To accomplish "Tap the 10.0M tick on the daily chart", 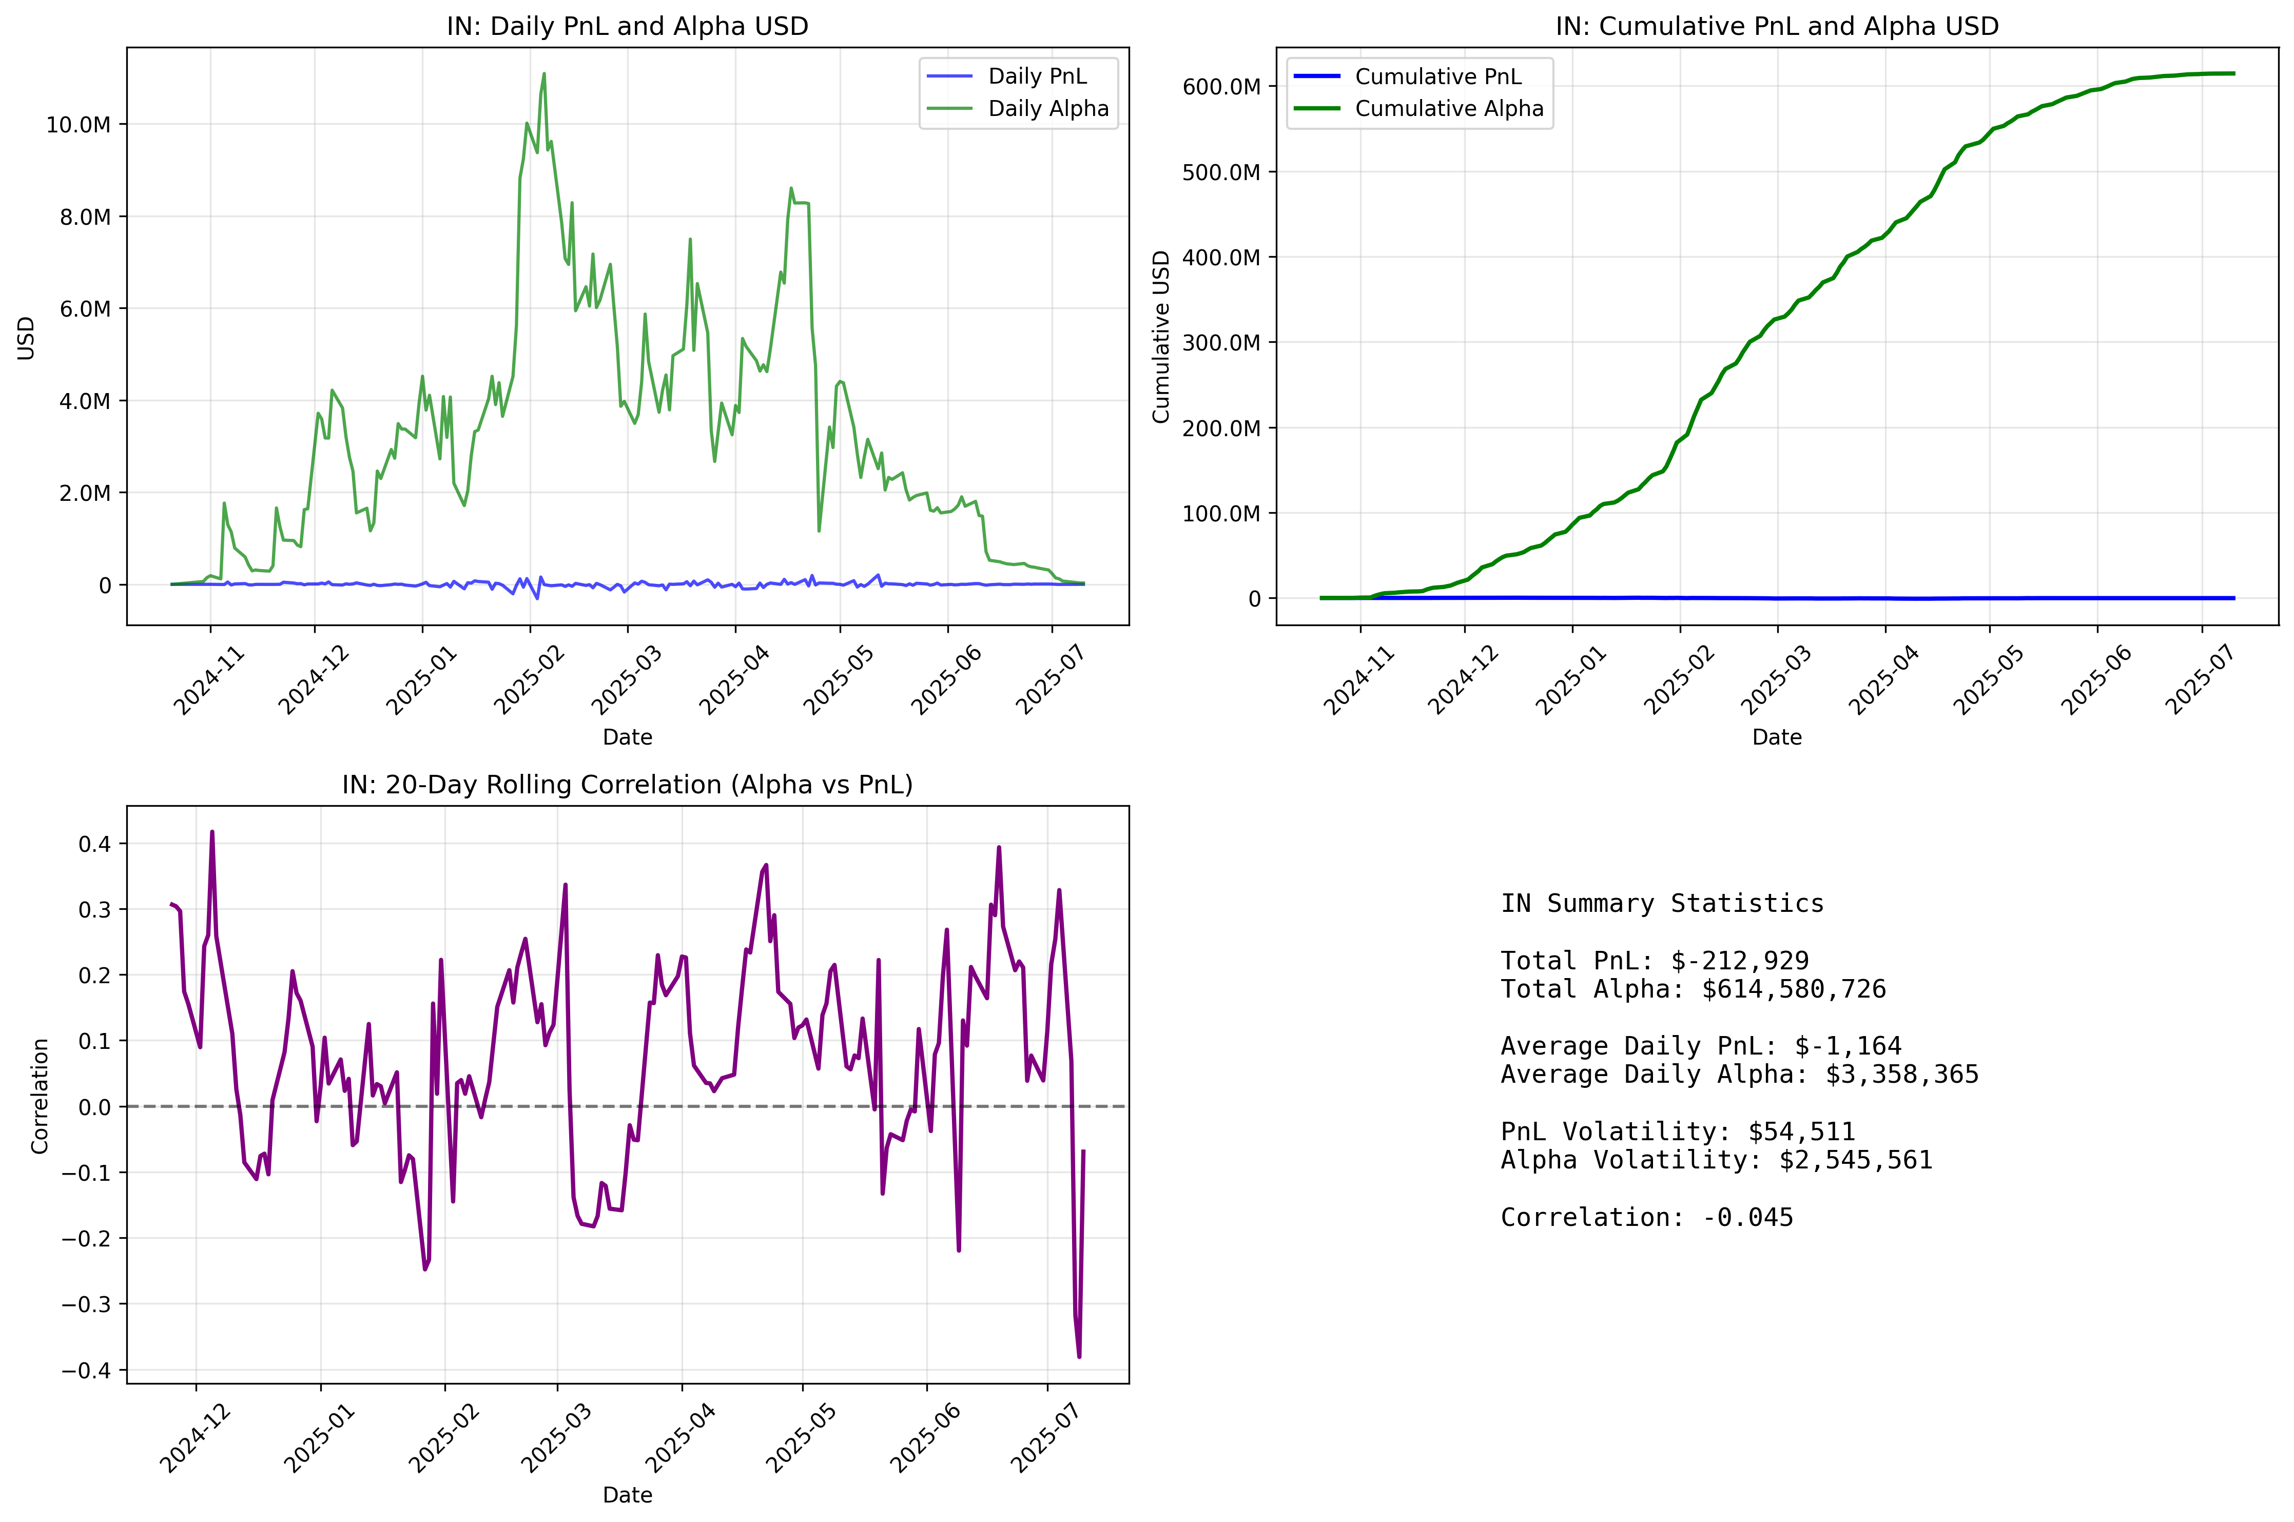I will (77, 124).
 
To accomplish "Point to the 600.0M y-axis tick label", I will (1220, 86).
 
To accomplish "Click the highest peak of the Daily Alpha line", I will (543, 74).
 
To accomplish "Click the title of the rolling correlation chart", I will (627, 784).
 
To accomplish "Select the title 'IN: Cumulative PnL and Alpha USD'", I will (1777, 26).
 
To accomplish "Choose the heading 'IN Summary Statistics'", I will (1662, 904).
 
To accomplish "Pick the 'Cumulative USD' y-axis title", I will (1161, 337).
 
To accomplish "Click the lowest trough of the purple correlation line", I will (1079, 1356).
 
